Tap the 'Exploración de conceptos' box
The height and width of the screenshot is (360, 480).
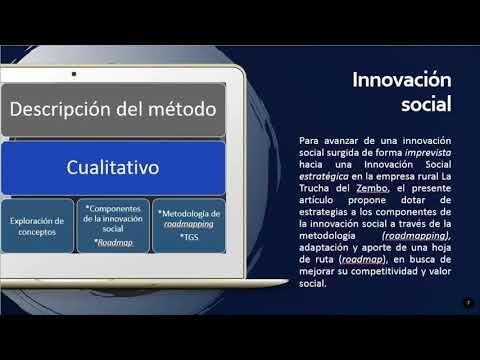(36, 226)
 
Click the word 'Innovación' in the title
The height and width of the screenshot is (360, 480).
(402, 79)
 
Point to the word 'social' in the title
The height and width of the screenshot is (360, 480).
(428, 103)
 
